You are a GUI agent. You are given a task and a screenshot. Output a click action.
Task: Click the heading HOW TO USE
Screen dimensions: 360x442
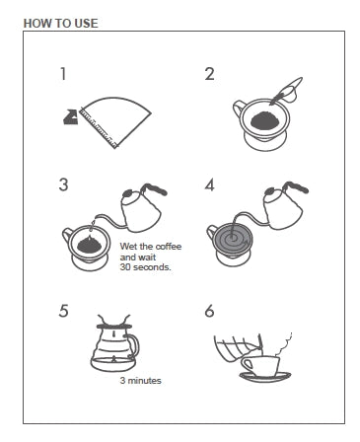pos(61,24)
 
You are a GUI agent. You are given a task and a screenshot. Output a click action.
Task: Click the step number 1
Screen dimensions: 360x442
pos(63,74)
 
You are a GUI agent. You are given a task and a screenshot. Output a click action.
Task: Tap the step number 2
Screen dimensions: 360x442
pos(209,74)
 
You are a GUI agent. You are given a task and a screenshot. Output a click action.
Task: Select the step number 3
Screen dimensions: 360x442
pos(63,184)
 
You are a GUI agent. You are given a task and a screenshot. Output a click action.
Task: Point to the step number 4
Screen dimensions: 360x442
pos(209,184)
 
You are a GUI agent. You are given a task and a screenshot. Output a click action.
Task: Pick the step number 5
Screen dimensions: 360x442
pos(63,311)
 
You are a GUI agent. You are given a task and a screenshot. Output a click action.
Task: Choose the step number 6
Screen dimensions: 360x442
pos(209,311)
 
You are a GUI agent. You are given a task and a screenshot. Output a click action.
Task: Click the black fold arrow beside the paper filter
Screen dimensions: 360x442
pos(70,117)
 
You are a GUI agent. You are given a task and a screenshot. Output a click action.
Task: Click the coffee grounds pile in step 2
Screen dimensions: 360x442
pos(265,120)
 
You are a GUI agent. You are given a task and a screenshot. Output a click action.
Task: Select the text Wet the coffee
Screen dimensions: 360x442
pos(151,247)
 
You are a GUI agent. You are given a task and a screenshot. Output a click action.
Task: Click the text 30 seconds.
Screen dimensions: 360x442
pos(145,267)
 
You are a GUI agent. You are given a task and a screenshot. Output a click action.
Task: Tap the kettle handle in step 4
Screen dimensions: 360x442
pos(297,186)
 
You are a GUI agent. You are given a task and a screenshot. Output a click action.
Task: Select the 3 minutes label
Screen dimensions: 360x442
pos(141,381)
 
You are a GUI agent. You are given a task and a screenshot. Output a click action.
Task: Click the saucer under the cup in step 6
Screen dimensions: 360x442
pos(265,376)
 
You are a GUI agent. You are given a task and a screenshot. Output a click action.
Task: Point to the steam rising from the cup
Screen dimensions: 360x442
pos(284,343)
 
